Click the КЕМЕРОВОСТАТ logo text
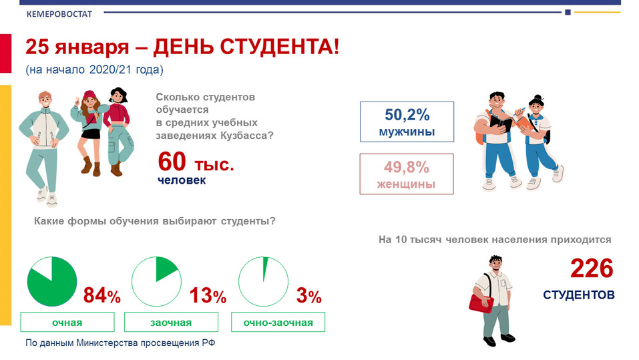click(x=59, y=14)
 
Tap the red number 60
click(x=172, y=162)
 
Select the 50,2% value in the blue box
click(x=407, y=115)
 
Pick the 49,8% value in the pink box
click(x=407, y=167)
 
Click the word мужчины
click(x=407, y=132)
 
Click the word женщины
click(x=407, y=184)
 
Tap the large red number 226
click(x=592, y=268)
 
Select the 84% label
click(x=102, y=296)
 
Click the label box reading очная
click(x=67, y=322)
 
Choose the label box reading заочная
click(x=171, y=322)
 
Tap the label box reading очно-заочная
click(x=278, y=322)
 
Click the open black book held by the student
click(x=501, y=124)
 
